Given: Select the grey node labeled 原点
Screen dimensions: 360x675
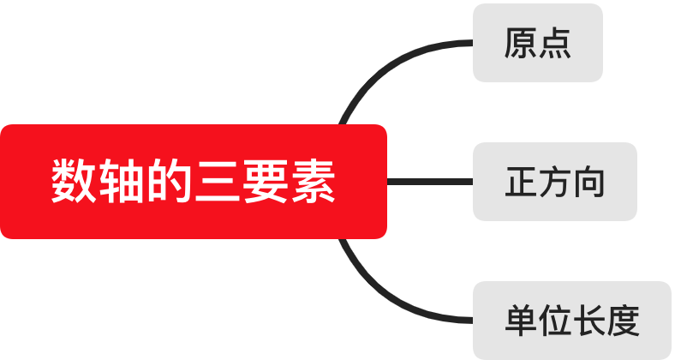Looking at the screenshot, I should coord(538,43).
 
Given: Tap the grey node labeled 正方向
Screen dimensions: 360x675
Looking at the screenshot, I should coord(554,182).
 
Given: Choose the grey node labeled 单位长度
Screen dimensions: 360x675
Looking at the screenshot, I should coord(571,321).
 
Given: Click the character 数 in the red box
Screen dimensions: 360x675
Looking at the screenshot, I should coord(73,182).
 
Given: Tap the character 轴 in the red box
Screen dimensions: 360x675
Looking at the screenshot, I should coord(120,182).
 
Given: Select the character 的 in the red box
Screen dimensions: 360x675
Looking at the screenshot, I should coord(168,182).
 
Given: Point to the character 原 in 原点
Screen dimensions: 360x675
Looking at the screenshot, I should coord(520,43).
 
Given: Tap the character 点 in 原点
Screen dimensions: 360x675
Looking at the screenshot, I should coord(555,43).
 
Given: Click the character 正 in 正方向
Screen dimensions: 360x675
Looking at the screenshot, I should coord(521,182).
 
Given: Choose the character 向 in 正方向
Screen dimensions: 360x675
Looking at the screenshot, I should coord(589,182).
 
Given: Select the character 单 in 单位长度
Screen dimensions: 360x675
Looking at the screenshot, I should coord(520,321).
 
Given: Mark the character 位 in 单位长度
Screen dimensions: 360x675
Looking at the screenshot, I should coord(555,321).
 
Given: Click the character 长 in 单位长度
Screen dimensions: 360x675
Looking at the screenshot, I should coord(589,321).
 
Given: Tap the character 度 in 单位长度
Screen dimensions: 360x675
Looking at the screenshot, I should coord(624,321).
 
